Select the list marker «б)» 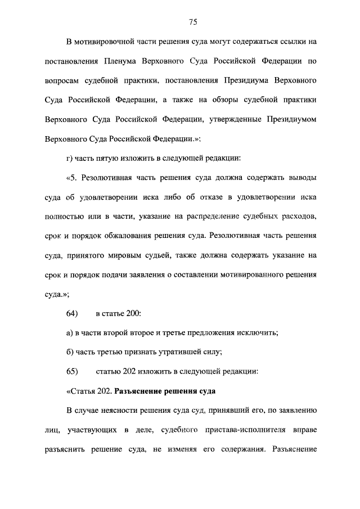click(x=70, y=353)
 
